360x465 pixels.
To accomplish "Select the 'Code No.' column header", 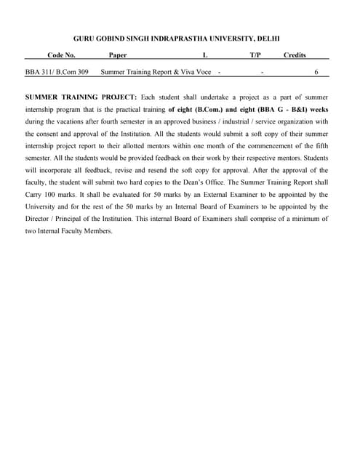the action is (61, 54).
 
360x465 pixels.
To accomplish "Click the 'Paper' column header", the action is (117, 54).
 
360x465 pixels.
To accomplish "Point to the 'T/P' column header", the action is (255, 54).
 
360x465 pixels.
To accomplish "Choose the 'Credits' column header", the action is (295, 54).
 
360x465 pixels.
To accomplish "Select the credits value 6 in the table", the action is (316, 72).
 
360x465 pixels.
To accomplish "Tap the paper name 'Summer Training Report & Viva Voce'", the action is (157, 72).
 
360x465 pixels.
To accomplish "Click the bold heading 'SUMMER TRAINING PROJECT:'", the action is (81, 97).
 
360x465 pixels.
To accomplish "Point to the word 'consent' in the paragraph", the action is (52, 134).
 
